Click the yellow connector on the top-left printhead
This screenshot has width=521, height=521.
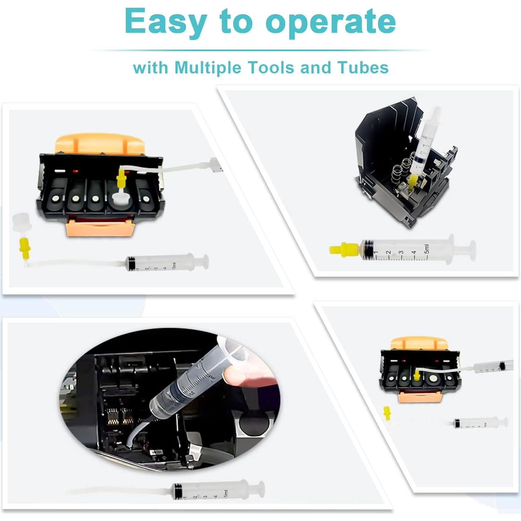[x=121, y=179]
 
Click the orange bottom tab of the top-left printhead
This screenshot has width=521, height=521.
[x=100, y=228]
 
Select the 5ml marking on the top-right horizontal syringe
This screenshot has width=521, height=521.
[x=426, y=249]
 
